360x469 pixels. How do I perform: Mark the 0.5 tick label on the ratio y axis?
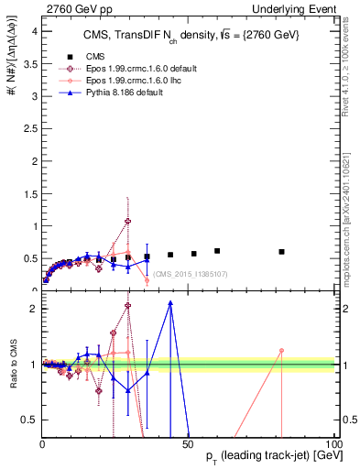[x=30, y=420]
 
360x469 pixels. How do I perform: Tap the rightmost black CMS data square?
[x=282, y=251]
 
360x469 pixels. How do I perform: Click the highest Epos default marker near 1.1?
[x=127, y=221]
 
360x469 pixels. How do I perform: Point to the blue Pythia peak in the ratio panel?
[x=170, y=303]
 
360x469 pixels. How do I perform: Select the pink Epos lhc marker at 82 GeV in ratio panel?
[x=282, y=351]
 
